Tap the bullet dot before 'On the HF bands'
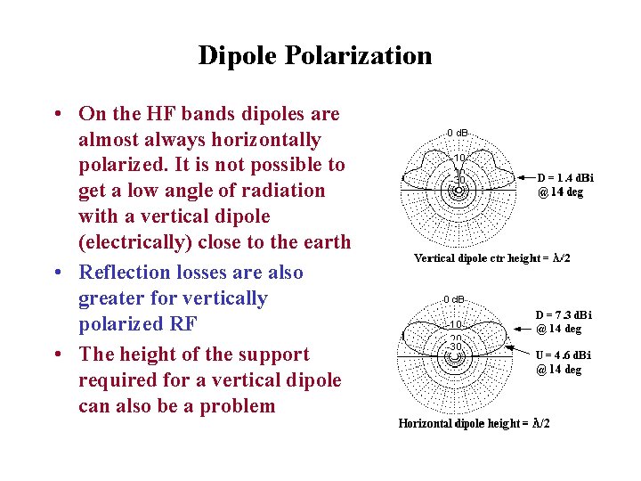click(56, 115)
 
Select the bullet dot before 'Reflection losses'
click(56, 273)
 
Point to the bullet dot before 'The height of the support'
click(56, 355)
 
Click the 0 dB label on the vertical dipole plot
click(458, 133)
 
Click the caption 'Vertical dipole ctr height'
click(492, 258)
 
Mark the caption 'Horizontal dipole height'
click(474, 422)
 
